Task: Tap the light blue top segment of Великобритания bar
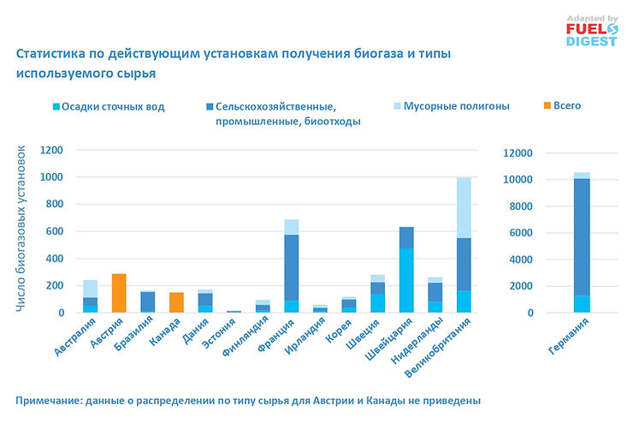(463, 206)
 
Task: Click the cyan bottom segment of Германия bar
(582, 304)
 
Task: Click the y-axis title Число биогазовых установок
(23, 230)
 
